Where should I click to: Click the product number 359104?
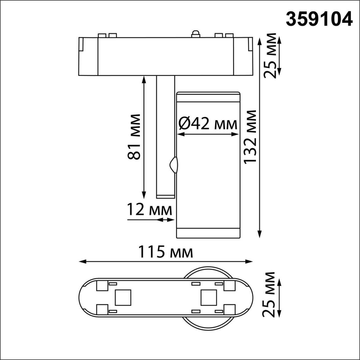[319, 18]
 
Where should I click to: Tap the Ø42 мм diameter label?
[208, 124]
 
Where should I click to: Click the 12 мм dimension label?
[149, 210]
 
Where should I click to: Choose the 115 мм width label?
[166, 252]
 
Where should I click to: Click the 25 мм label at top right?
[270, 56]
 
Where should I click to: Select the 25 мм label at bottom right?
[270, 294]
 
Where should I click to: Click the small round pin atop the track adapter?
[195, 34]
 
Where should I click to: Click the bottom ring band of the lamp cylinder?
[208, 233]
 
